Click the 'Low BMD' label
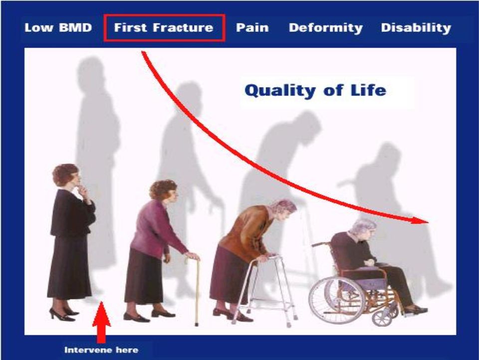[58, 27]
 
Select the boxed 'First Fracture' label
[164, 27]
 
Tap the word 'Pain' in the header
[252, 27]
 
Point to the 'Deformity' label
[326, 28]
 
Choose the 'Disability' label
[416, 28]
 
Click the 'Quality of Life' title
[315, 90]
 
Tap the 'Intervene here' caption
[101, 350]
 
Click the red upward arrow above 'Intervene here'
[101, 322]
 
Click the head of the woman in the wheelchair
[362, 228]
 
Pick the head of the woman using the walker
[283, 209]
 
